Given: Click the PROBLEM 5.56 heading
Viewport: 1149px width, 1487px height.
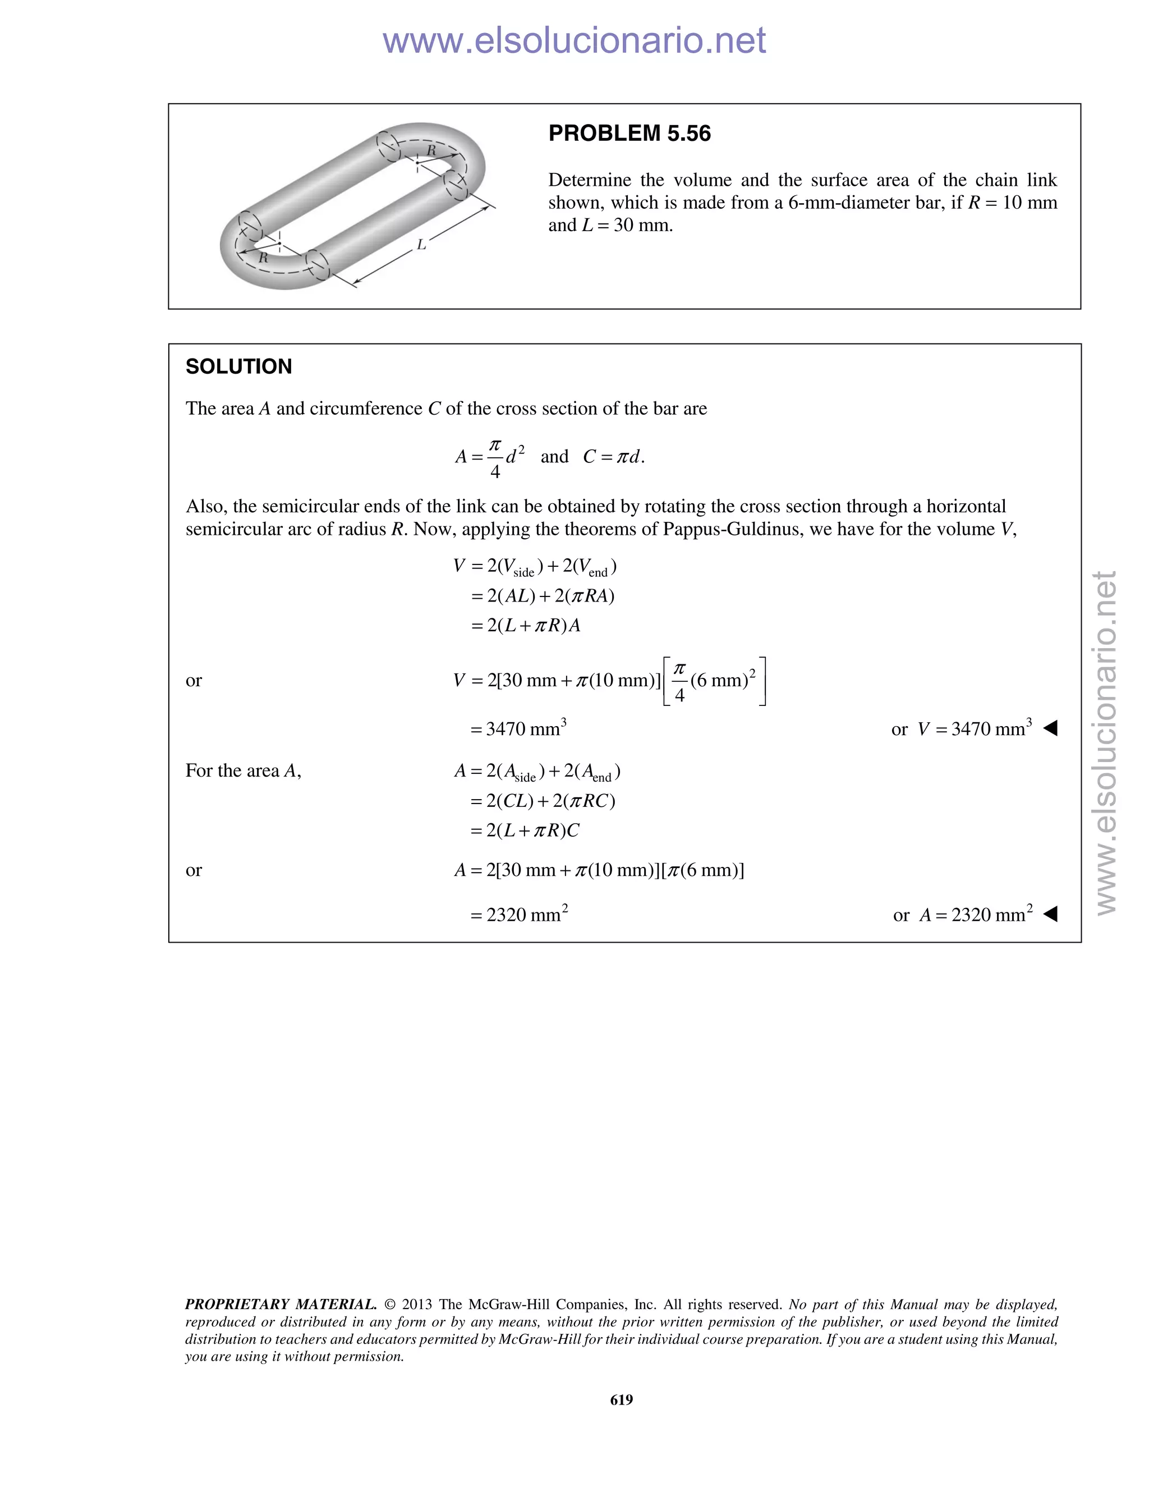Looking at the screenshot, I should (629, 134).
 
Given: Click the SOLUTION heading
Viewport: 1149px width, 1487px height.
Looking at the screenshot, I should (238, 366).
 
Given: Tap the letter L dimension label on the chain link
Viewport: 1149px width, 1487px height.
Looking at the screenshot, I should (421, 245).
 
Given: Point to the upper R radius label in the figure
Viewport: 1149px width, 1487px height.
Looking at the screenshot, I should (431, 150).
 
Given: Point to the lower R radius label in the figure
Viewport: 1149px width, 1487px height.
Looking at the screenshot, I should (263, 258).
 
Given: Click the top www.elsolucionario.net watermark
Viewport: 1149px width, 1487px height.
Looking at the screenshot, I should (574, 41).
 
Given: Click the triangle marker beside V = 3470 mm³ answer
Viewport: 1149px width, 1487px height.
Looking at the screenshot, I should (1050, 728).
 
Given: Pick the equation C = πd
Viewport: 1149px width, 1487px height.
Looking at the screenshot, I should (613, 457).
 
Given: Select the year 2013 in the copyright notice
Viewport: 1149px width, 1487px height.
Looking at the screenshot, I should (417, 1304).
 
